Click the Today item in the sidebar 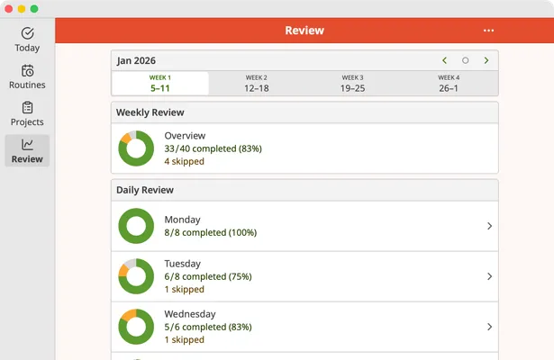pyautogui.click(x=27, y=40)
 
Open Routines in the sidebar pyautogui.click(x=27, y=76)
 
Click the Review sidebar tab pyautogui.click(x=27, y=150)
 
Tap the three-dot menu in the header pyautogui.click(x=488, y=31)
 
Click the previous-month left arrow pyautogui.click(x=444, y=60)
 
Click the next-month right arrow pyautogui.click(x=486, y=60)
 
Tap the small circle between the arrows pyautogui.click(x=466, y=60)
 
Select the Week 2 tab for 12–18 pyautogui.click(x=257, y=84)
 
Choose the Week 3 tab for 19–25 pyautogui.click(x=352, y=84)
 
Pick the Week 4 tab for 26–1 pyautogui.click(x=449, y=84)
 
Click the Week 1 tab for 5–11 pyautogui.click(x=160, y=84)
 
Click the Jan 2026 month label pyautogui.click(x=136, y=60)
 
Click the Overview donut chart pyautogui.click(x=136, y=148)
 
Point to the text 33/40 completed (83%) pyautogui.click(x=213, y=148)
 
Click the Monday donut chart pyautogui.click(x=136, y=226)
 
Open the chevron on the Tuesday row pyautogui.click(x=489, y=276)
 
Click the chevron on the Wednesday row pyautogui.click(x=489, y=327)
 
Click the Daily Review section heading pyautogui.click(x=145, y=190)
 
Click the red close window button pyautogui.click(x=8, y=8)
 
